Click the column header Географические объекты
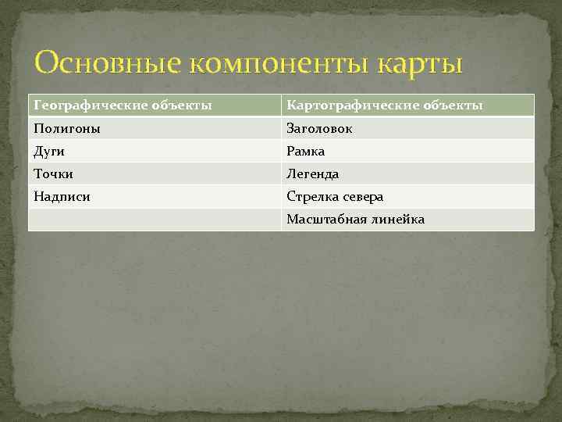pyautogui.click(x=123, y=105)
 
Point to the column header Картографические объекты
pyautogui.click(x=384, y=105)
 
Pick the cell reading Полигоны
pyautogui.click(x=67, y=128)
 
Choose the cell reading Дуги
pyautogui.click(x=49, y=151)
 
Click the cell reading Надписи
pyautogui.click(x=62, y=197)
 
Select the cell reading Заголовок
pyautogui.click(x=319, y=128)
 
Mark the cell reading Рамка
pyautogui.click(x=306, y=151)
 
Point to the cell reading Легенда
pyautogui.click(x=313, y=173)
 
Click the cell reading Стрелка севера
pyautogui.click(x=335, y=197)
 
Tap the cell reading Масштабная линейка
pyautogui.click(x=355, y=220)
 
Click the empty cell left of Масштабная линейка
pyautogui.click(x=155, y=220)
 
